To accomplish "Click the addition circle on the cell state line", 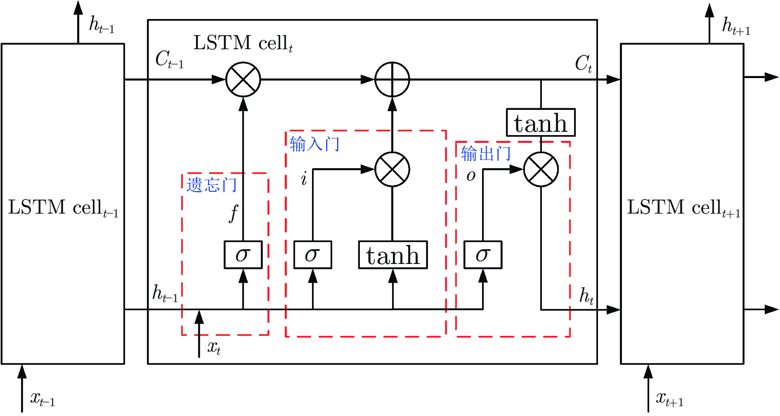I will coord(392,79).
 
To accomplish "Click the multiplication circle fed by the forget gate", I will coord(243,79).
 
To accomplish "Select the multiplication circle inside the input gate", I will coord(392,169).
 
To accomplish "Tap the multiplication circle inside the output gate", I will coord(541,169).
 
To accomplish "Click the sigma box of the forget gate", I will coord(243,255).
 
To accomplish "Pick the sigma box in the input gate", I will coord(312,255).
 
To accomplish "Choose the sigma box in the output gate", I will coord(483,255).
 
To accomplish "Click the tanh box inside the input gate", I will coord(393,255).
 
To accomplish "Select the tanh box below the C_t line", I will coord(541,123).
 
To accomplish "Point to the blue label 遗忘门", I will coord(211,185).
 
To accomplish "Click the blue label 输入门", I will coord(314,144).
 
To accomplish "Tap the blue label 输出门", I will coord(486,154).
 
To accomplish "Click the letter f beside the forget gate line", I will coord(234,213).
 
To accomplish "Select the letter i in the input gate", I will coord(304,179).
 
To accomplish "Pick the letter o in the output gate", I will coord(471,176).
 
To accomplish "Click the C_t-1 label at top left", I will coord(169,59).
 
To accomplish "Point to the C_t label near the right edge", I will coord(584,64).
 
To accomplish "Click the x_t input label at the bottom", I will coord(214,348).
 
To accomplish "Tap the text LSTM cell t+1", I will coord(683,208).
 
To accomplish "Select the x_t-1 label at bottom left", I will coord(43,399).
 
